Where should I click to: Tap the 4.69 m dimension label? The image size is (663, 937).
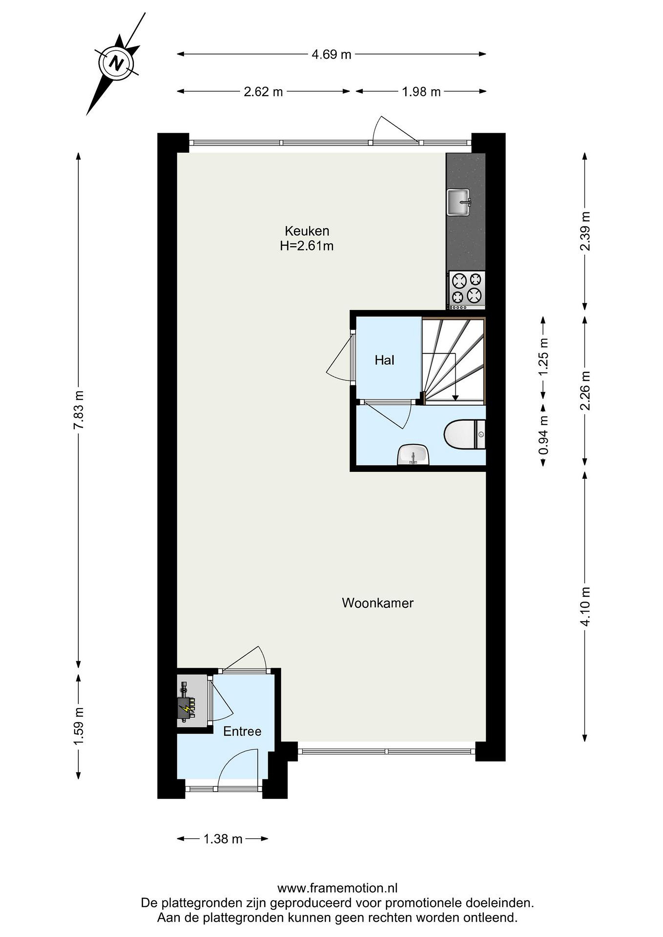coord(331,54)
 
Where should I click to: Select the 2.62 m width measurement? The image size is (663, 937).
coord(263,92)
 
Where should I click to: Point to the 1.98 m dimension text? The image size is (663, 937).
coord(421,92)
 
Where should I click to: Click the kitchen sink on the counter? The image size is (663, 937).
coord(459,202)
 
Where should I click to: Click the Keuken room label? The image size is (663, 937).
coord(307,231)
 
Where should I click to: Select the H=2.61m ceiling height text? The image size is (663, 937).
coord(307,246)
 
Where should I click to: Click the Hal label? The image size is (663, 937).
coord(385,360)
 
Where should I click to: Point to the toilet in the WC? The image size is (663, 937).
coord(464,434)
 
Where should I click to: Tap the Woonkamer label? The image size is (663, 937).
coord(378,603)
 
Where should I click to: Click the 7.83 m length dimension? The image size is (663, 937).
coord(78,409)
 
